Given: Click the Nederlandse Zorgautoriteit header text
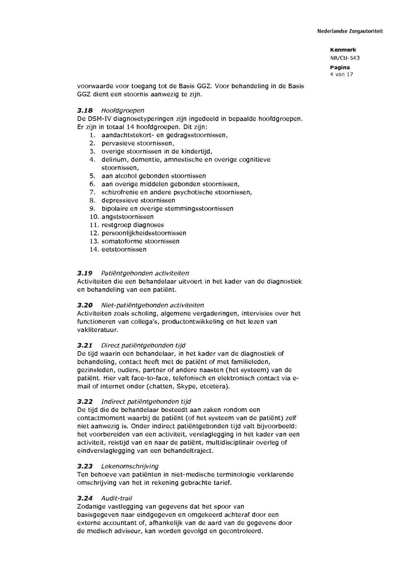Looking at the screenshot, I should click(x=350, y=31).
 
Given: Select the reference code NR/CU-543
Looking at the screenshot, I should click(x=345, y=58).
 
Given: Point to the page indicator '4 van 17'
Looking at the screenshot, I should click(x=342, y=74).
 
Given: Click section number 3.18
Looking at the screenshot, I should click(x=85, y=110).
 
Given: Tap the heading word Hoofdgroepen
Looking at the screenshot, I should click(x=122, y=110).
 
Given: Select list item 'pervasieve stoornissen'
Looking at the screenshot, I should click(x=134, y=143).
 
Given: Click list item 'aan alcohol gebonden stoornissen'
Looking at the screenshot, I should click(x=153, y=176).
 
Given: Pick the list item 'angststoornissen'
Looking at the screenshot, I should click(x=127, y=217).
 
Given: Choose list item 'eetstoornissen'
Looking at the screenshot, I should click(x=124, y=249).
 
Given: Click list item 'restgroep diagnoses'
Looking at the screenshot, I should click(x=132, y=225).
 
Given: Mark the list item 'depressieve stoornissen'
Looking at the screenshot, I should click(x=138, y=200).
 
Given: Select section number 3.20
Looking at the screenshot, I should click(x=85, y=305).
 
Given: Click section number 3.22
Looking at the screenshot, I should click(x=85, y=402).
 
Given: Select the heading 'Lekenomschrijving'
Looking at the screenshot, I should click(x=130, y=466).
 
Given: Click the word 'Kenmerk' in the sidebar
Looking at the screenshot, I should click(x=343, y=50).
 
